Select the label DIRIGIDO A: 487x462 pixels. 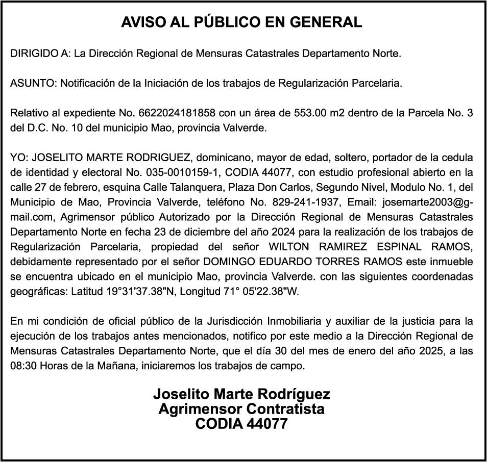pos(40,53)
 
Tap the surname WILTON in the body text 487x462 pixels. pos(289,246)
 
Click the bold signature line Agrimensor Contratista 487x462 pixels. pos(241,409)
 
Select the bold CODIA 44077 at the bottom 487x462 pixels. pos(241,424)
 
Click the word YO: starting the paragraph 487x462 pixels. pos(19,157)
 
